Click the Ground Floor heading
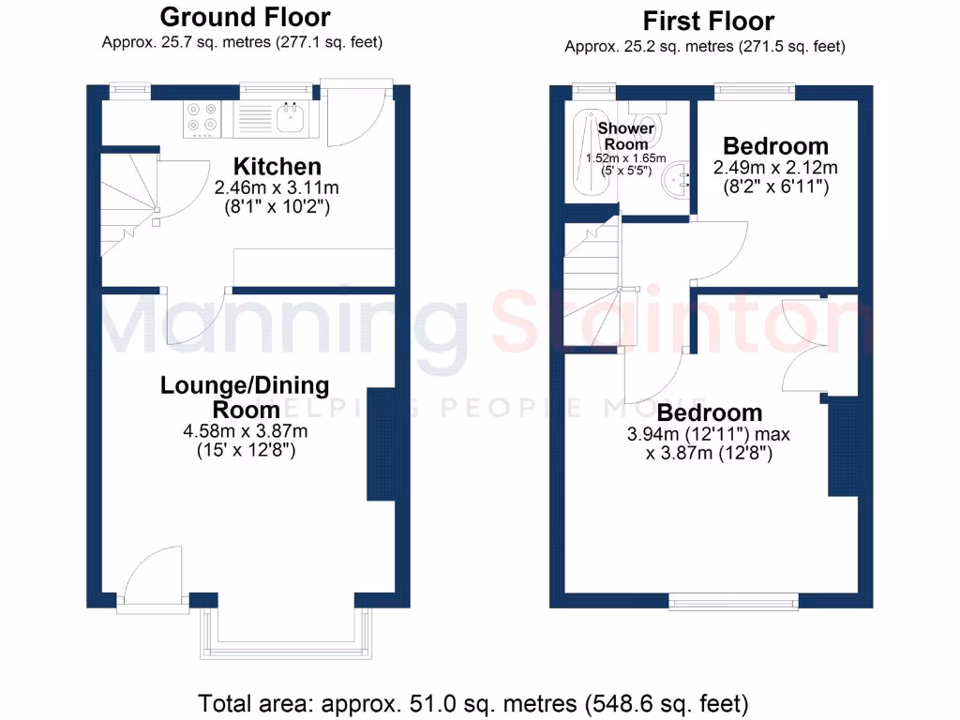[245, 17]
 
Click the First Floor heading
[708, 21]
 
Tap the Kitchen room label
[277, 167]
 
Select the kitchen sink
[292, 118]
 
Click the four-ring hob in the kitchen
[202, 118]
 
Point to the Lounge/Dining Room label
[245, 397]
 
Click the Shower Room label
[625, 136]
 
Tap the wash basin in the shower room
[677, 180]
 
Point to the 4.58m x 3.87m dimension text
[245, 432]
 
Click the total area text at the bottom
[473, 702]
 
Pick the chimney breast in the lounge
[381, 443]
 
